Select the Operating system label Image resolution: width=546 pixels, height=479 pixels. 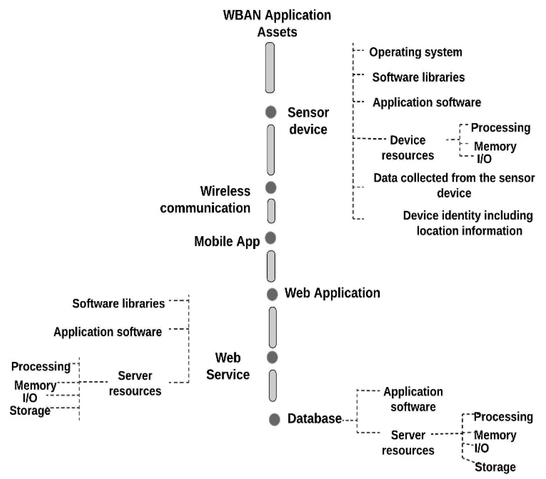pos(415,52)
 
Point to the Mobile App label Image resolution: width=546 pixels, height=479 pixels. pos(227,241)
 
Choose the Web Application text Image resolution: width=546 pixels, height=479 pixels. pos(332,293)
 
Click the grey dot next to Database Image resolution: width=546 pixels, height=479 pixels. pos(274,419)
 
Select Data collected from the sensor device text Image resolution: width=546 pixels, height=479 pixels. pos(454,185)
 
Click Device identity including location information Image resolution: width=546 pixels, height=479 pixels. pos(468,223)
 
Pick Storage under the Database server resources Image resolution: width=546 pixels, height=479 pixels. pos(495,467)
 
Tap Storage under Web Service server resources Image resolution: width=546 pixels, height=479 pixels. pos(30,410)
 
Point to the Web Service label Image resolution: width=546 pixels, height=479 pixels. pos(228,366)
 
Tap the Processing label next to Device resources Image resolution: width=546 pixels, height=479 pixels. pos(500,128)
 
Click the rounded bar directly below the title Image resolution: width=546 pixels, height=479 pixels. pos(270,68)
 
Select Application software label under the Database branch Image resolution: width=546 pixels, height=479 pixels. pos(413,399)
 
